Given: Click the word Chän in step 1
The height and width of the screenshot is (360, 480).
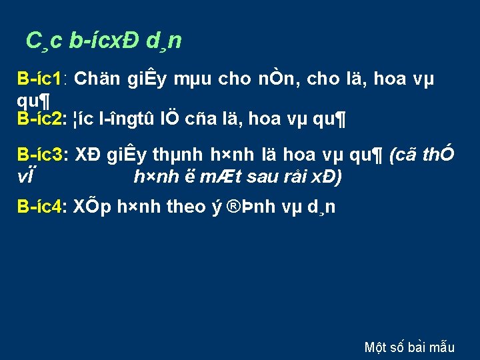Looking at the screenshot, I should tap(94, 79).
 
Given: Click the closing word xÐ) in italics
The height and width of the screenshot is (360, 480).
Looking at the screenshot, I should tap(327, 177).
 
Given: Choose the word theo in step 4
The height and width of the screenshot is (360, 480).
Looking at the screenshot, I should tap(185, 207).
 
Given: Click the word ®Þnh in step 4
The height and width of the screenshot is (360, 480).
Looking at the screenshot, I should tap(249, 207).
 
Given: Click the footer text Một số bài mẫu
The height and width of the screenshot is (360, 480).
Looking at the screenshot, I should tap(409, 347).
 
